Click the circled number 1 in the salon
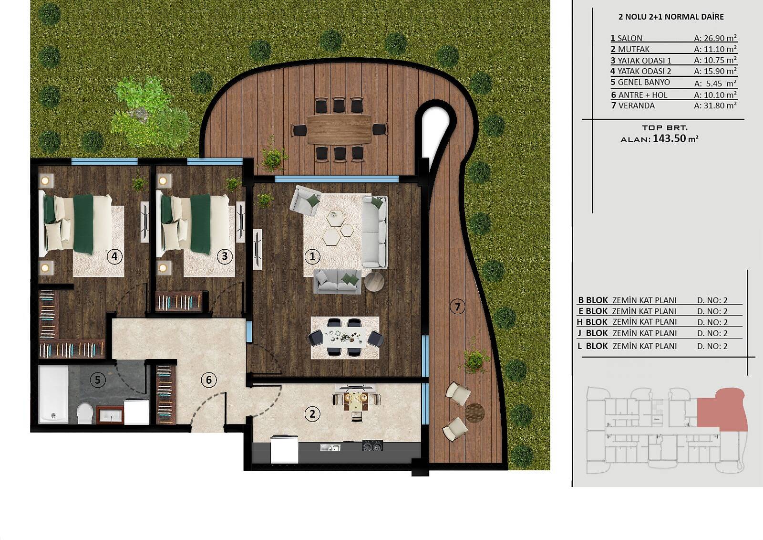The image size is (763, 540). coord(312,256)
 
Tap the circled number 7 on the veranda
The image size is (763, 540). coord(457,307)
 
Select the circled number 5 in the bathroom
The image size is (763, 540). coord(98,380)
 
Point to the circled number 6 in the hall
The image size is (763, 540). coord(209,380)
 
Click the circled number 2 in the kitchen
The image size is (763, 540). coord(312,414)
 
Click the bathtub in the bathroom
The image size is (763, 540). coord(53,394)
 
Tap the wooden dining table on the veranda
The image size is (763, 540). coord(339,129)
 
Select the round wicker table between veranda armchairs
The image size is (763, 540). coord(474,413)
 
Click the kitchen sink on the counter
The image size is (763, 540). coord(330,447)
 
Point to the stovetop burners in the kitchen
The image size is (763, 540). coord(372,445)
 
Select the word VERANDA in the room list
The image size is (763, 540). coord(636,106)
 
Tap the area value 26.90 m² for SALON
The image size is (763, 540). coord(715,38)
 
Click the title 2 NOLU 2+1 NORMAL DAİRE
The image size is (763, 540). coord(671,17)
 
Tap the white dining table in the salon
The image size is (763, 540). coord(346,338)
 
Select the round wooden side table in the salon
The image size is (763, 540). coord(374,282)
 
